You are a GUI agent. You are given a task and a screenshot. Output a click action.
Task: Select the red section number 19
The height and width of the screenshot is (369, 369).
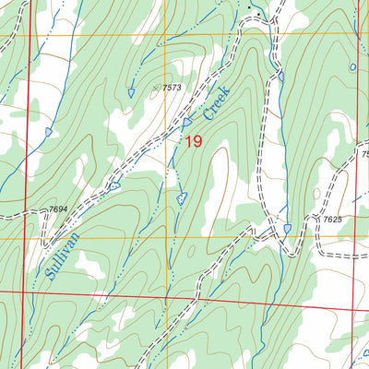[x=192, y=141]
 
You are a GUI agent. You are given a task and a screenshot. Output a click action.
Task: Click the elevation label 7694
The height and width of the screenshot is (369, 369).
[x=57, y=210]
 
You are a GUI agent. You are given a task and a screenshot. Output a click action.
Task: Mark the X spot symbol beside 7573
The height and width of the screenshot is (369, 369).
[x=156, y=89]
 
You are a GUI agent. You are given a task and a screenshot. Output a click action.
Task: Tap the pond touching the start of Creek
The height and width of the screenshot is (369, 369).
[x=187, y=122]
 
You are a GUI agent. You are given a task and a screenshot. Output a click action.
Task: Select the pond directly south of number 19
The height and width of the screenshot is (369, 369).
[x=182, y=196]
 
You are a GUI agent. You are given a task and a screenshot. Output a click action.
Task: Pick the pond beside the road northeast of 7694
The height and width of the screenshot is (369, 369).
[x=114, y=185]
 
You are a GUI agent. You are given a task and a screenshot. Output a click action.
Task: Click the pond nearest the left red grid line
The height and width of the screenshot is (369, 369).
[x=48, y=132]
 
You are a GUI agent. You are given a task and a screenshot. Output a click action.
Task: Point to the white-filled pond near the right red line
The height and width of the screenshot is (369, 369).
[x=352, y=67]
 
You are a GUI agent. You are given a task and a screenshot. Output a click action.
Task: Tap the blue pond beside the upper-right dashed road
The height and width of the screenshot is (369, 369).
[x=280, y=76]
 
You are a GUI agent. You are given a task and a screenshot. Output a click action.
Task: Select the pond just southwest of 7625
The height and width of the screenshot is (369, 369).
[x=288, y=228]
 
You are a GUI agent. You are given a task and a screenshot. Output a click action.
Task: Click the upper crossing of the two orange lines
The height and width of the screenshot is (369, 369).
[x=167, y=36]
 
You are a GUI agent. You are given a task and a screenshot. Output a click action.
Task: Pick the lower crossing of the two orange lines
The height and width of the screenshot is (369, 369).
[x=167, y=238]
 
